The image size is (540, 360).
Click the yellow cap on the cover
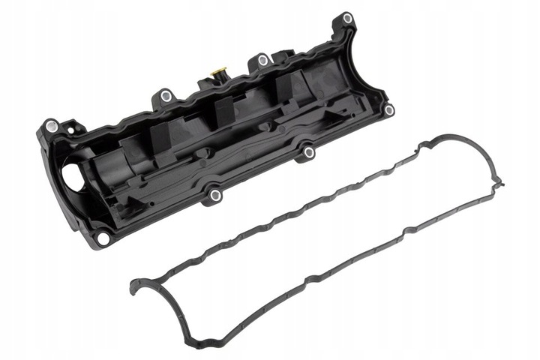[219, 73]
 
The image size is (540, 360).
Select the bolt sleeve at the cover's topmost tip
[347, 18]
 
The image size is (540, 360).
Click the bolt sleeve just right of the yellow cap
[262, 60]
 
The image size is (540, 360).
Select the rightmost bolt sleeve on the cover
[388, 110]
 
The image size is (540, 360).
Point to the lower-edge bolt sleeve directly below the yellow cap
[216, 196]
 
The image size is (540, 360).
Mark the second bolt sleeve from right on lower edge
[308, 153]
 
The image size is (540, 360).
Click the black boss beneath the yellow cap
[219, 82]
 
